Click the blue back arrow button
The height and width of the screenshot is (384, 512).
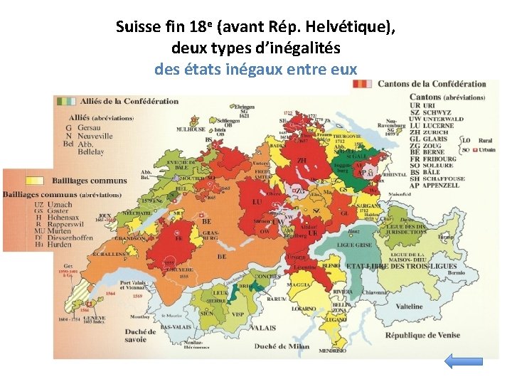coord(463,361)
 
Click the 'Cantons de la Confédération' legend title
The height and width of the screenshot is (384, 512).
coord(432,84)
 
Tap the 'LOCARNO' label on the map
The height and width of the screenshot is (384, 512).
coord(304,309)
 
